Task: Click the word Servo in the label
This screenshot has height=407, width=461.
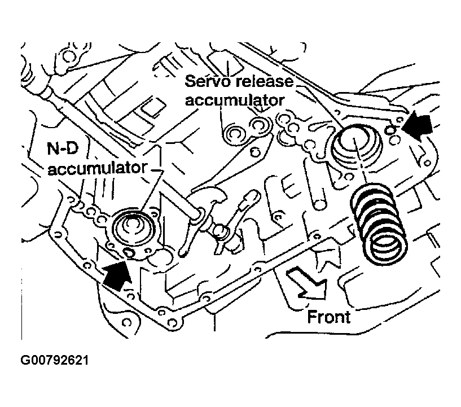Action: pos(207,81)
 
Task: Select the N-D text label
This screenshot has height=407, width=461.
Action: pos(63,149)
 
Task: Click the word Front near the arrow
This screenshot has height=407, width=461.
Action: pos(329,317)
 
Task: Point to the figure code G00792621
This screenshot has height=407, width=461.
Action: pos(55,360)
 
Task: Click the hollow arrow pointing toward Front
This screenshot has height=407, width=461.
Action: pos(307,285)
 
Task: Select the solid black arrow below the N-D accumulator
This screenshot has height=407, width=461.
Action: pos(116,275)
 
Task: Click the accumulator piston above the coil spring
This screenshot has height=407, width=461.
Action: pos(357,143)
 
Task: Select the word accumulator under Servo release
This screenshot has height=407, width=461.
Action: pos(235,100)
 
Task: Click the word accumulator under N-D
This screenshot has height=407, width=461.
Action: pos(97,169)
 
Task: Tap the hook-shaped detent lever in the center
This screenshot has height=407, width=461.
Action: pos(206,203)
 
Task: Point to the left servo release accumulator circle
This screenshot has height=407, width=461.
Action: pos(234,134)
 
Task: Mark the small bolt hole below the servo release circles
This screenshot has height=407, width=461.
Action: pos(254,152)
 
